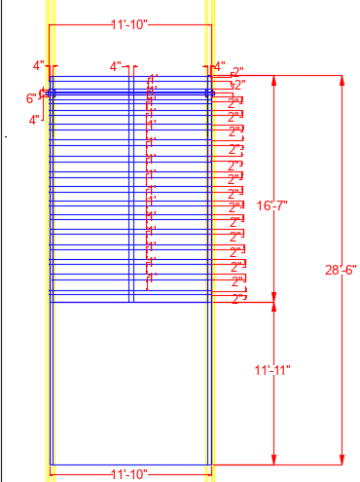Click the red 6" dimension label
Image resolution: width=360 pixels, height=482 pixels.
[x=31, y=97]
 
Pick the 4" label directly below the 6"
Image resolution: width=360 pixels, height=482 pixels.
[x=35, y=120]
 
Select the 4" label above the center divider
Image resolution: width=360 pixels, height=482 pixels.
[x=117, y=67]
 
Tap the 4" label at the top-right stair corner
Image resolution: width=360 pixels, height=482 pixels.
[x=220, y=66]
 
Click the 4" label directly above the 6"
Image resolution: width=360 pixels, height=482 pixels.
[x=39, y=66]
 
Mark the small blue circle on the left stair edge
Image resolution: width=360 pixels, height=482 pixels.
[x=52, y=93]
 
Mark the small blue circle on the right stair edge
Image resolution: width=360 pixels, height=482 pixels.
[x=209, y=93]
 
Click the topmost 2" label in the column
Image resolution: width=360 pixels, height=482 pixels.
[x=237, y=72]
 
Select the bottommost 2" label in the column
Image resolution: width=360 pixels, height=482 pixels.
[x=238, y=299]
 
